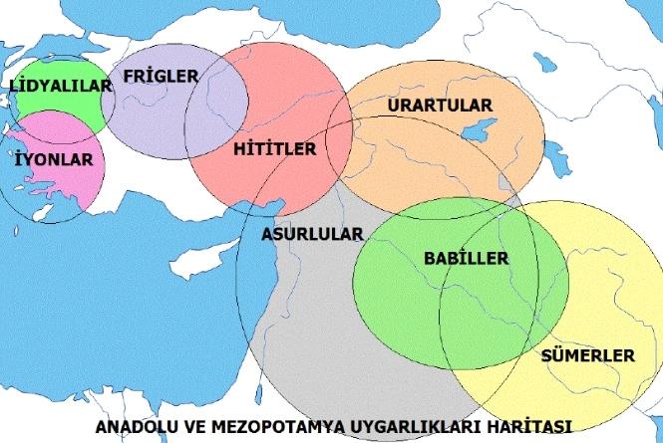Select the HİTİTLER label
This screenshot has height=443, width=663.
(x=274, y=149)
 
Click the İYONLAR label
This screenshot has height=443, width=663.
(x=55, y=158)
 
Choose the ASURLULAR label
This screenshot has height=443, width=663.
(x=312, y=234)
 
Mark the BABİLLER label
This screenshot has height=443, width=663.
(x=466, y=258)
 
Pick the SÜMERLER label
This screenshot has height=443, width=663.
(x=587, y=355)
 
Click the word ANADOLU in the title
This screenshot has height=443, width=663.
(x=133, y=426)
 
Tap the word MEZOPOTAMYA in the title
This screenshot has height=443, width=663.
(x=262, y=426)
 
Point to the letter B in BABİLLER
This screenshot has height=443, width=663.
(x=429, y=258)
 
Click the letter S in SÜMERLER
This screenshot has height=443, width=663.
(x=545, y=355)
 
